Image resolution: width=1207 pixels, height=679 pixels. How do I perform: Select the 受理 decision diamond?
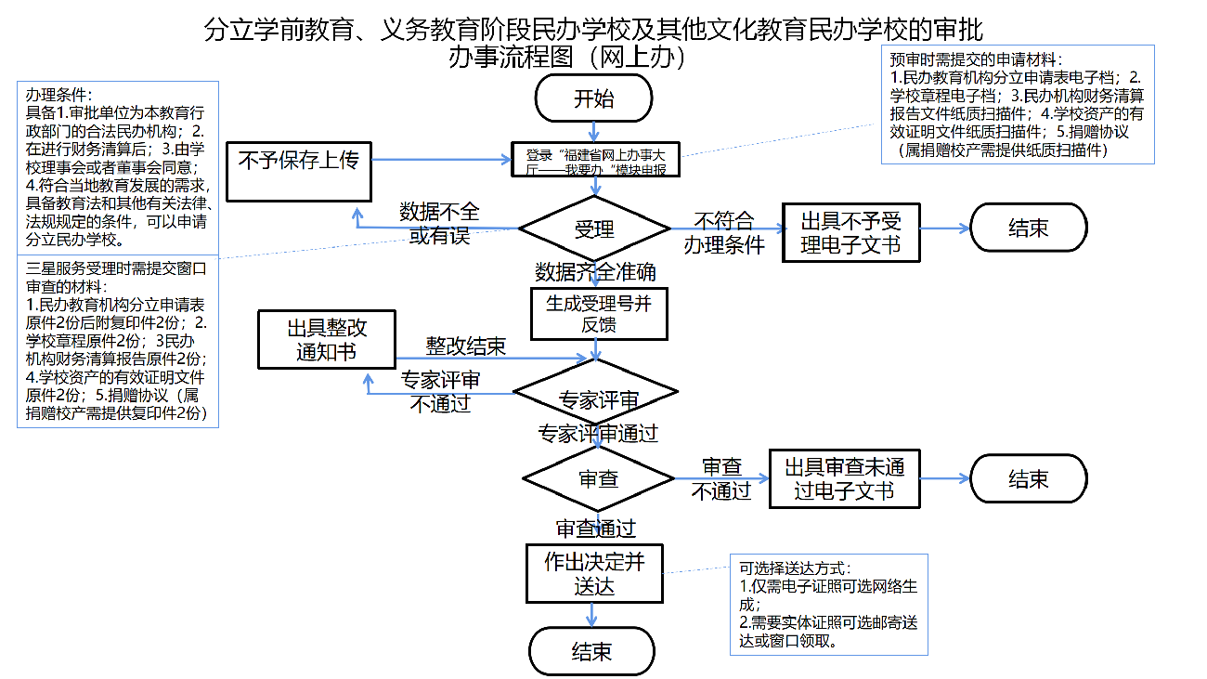[x=594, y=229]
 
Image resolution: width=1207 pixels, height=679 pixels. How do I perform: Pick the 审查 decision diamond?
[x=598, y=479]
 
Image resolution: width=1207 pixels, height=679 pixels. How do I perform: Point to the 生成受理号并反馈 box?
[x=599, y=314]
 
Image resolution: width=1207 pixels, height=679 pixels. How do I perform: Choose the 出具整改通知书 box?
[x=326, y=339]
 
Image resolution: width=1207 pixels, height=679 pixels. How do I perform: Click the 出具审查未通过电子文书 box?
[x=844, y=478]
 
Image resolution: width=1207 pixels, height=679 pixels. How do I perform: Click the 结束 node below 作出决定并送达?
[x=592, y=651]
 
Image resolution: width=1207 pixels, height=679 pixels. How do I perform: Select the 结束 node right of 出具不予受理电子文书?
[x=1028, y=228]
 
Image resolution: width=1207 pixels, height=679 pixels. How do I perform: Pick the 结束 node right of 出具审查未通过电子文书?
[x=1028, y=479]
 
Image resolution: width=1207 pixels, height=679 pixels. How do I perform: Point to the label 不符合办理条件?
[x=724, y=233]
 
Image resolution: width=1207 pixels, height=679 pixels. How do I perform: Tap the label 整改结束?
[x=465, y=346]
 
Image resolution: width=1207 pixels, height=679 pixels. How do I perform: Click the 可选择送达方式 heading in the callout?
[x=794, y=568]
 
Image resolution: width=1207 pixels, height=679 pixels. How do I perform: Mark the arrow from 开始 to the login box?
[x=594, y=132]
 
